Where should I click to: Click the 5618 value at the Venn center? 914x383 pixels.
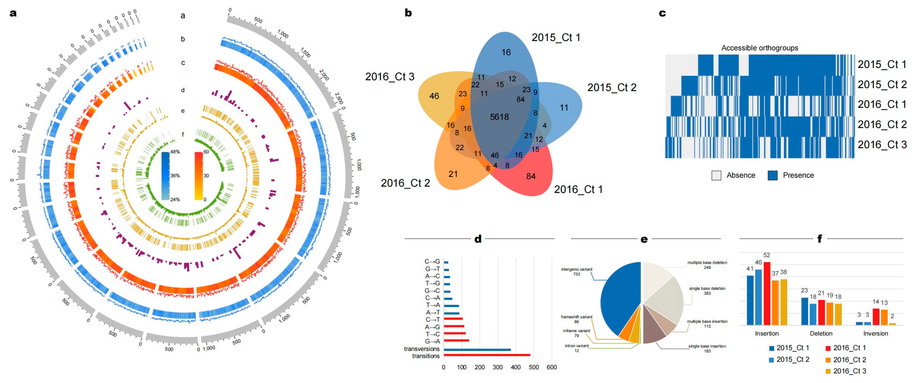(499, 117)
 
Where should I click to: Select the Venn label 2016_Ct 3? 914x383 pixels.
(390, 77)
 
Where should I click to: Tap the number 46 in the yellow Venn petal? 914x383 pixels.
(434, 96)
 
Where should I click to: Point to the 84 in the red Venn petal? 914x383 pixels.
(531, 176)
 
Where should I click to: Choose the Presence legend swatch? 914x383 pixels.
(772, 175)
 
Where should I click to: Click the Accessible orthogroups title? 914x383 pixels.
(760, 48)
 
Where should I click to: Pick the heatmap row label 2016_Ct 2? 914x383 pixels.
(882, 124)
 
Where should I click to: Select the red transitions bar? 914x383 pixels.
(487, 355)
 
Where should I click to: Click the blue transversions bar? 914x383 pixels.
(477, 350)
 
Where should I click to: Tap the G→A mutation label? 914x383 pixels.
(432, 342)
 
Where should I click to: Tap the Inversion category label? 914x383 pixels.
(875, 333)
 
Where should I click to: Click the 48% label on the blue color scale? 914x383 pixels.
(175, 152)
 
